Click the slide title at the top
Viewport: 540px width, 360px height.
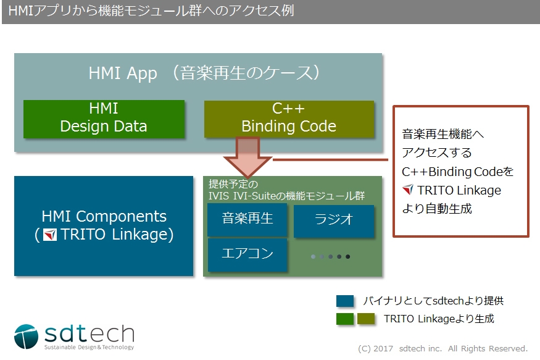154,12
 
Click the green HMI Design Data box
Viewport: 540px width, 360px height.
104,118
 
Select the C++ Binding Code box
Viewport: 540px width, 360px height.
289,118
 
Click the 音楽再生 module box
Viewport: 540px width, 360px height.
247,219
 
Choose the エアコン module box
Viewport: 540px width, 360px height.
247,254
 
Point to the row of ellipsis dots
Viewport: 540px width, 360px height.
331,256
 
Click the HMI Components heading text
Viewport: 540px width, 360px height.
104,217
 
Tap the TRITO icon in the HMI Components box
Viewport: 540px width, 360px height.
50,235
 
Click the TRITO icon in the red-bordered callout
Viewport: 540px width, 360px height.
407,190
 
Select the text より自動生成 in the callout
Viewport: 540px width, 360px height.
437,209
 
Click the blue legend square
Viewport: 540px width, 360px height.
345,301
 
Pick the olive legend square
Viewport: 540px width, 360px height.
366,319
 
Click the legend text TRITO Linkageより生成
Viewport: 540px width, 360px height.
438,319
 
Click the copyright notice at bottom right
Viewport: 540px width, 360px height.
442,348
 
